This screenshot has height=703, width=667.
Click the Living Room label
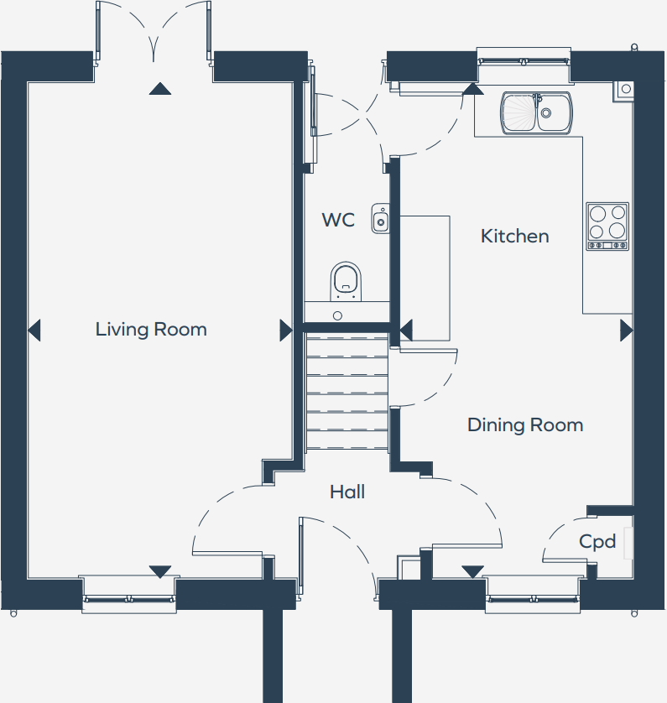151,329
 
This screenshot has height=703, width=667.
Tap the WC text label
338,221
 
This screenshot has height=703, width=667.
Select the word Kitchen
514,237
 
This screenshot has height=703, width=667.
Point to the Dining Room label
524,425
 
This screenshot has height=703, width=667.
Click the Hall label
347,492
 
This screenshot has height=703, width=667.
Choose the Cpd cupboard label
597,542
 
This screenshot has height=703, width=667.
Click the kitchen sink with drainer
537,113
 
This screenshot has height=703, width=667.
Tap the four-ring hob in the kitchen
607,227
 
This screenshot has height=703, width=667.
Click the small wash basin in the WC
381,220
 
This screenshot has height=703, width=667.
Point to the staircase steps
347,390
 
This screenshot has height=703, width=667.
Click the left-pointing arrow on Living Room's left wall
34,331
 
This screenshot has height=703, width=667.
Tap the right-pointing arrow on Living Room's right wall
286,331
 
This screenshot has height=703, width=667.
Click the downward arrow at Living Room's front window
159,571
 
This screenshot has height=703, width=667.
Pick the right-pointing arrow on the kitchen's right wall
626,331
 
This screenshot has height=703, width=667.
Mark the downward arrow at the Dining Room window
472,571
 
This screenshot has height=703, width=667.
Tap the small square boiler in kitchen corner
625,88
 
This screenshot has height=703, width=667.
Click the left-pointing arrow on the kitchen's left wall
406,331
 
